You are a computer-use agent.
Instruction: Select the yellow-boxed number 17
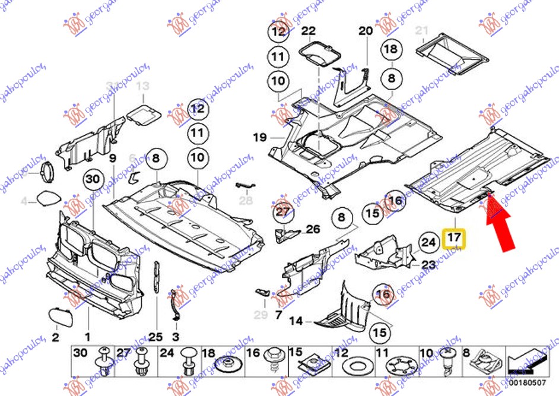454,239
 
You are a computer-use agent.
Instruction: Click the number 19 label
260,138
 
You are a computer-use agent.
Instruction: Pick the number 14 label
296,321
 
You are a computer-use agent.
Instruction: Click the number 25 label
155,337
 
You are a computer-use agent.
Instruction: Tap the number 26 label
313,229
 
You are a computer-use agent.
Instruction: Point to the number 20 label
365,31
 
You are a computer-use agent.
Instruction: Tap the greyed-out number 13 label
142,87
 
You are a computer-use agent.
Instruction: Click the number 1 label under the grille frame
88,337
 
